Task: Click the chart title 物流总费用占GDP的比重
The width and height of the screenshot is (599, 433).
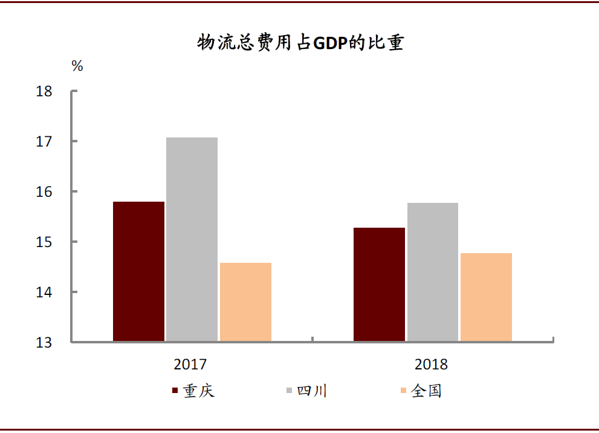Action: click(x=300, y=43)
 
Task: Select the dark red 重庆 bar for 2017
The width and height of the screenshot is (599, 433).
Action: click(x=138, y=271)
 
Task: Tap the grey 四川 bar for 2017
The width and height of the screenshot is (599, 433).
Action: click(x=192, y=239)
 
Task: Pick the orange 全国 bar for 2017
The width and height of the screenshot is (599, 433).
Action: click(x=245, y=302)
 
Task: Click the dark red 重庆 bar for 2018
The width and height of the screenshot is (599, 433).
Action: click(x=379, y=285)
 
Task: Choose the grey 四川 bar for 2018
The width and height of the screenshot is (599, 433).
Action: click(x=432, y=272)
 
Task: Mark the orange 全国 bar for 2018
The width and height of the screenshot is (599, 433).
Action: click(x=486, y=297)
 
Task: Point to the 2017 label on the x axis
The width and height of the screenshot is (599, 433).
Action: click(x=190, y=365)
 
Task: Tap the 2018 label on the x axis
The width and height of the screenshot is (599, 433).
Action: click(x=432, y=365)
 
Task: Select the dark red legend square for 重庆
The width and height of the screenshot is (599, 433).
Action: click(x=175, y=391)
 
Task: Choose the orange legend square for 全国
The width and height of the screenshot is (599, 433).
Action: click(x=403, y=391)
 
